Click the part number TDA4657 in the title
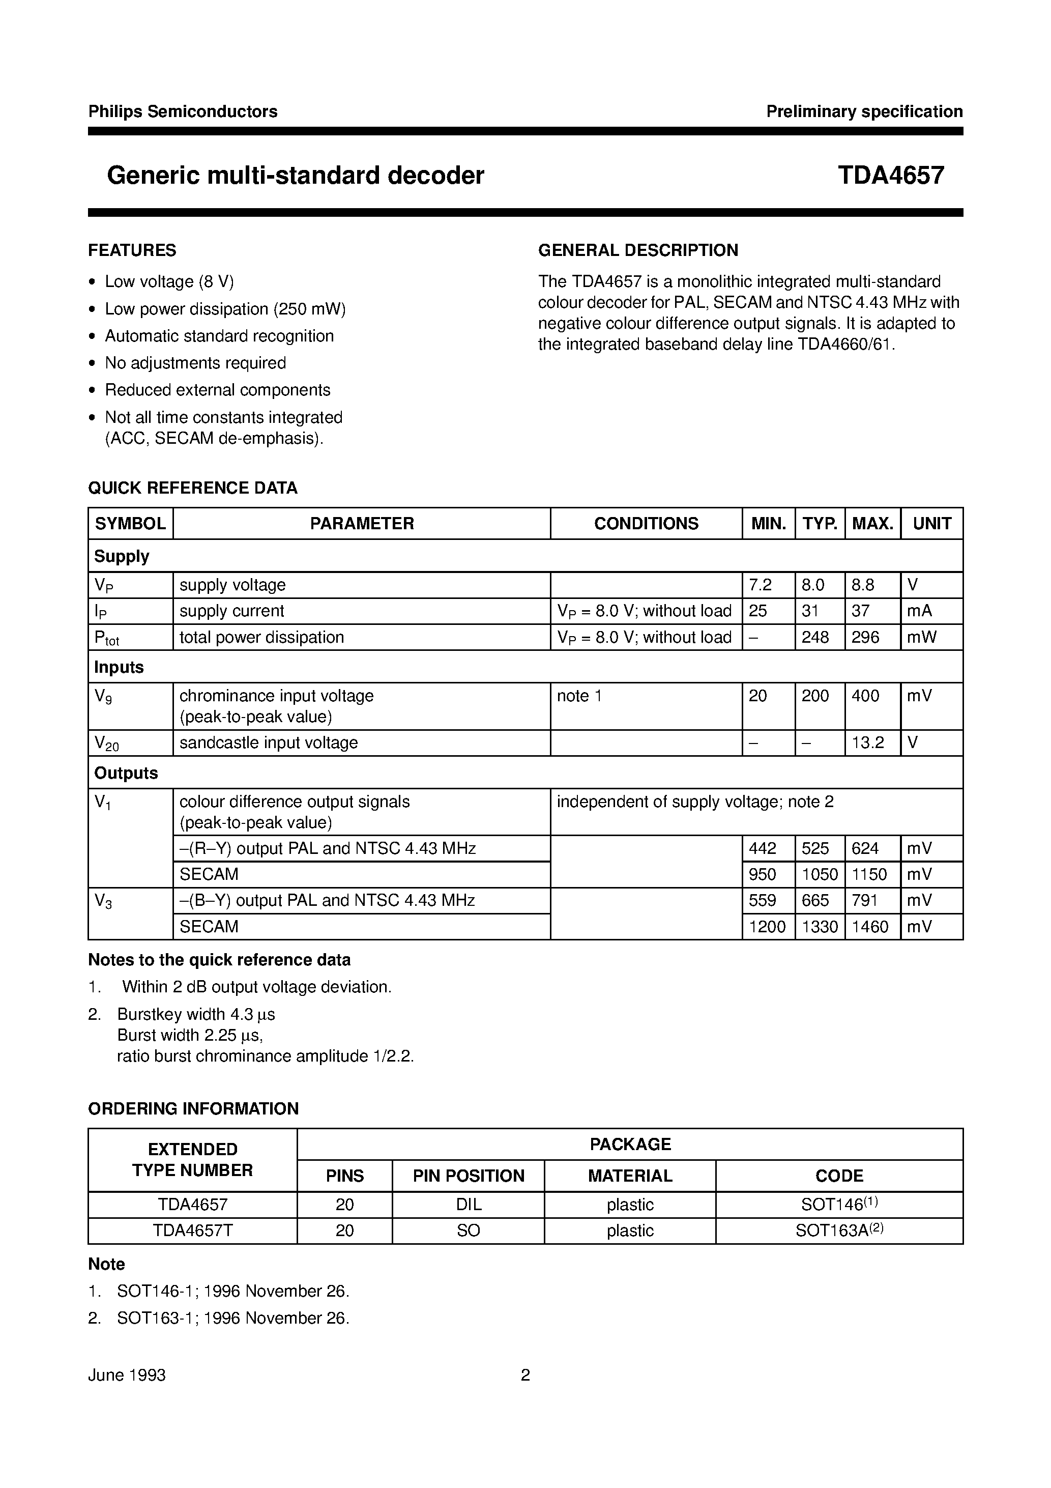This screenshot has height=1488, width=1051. click(890, 176)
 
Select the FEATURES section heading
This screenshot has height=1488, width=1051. click(132, 250)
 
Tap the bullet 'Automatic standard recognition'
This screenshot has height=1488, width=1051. click(219, 336)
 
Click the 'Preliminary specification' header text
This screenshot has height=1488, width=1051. click(864, 111)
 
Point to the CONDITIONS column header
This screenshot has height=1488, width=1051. click(646, 523)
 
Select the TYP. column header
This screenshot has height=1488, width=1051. click(820, 523)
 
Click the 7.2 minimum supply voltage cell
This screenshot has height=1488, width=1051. click(760, 585)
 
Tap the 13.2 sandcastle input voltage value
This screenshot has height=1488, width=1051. click(868, 742)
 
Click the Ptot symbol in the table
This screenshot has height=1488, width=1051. click(107, 638)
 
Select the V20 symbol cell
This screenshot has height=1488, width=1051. click(107, 742)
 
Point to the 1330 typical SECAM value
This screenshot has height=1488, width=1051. click(820, 926)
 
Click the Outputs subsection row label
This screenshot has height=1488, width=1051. click(126, 772)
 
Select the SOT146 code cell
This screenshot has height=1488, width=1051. click(838, 1204)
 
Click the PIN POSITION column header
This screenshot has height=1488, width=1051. click(468, 1176)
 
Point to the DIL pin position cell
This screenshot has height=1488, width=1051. click(468, 1204)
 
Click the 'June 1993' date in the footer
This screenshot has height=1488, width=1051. click(127, 1375)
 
